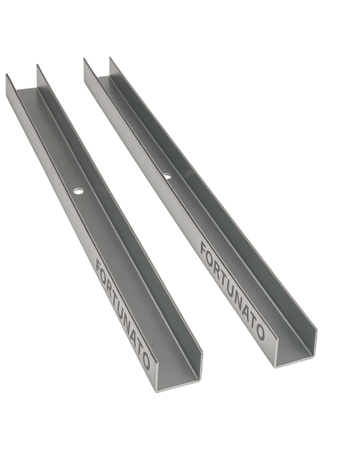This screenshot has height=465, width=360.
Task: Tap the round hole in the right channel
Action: click(x=166, y=176)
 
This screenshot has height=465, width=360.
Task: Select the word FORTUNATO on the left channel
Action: click(x=122, y=311)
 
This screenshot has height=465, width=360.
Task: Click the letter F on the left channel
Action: click(x=99, y=264)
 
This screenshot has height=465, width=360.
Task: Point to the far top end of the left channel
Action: click(x=22, y=80)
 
